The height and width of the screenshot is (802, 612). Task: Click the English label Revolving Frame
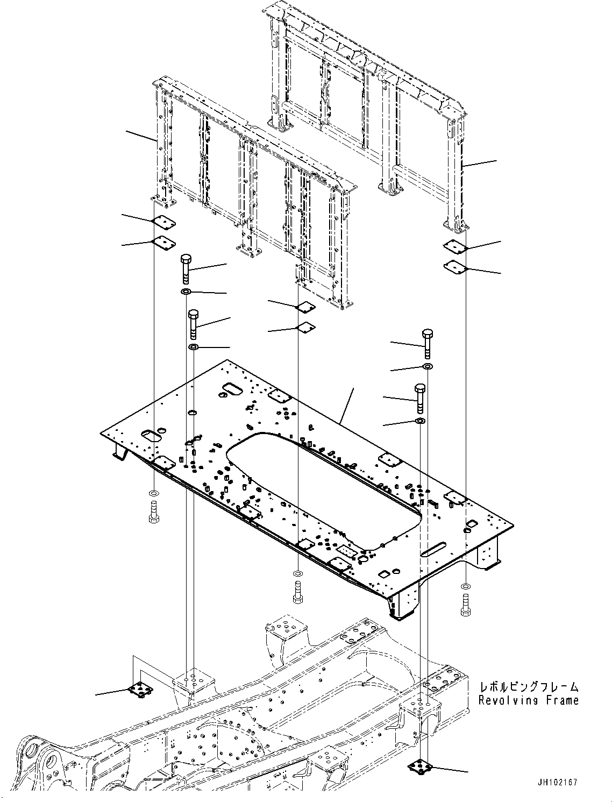pyautogui.click(x=529, y=700)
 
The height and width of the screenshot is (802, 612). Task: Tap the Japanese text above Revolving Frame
pyautogui.click(x=529, y=686)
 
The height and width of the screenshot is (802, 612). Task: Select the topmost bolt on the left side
pyautogui.click(x=185, y=268)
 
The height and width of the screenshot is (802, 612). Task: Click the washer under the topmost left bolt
pyautogui.click(x=185, y=292)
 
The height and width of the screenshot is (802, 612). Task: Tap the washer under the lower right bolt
pyautogui.click(x=420, y=420)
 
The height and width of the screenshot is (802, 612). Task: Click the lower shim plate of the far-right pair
pyautogui.click(x=455, y=266)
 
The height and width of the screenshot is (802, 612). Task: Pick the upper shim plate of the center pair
pyautogui.click(x=306, y=307)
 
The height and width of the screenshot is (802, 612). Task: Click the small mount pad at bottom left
pyautogui.click(x=140, y=689)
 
